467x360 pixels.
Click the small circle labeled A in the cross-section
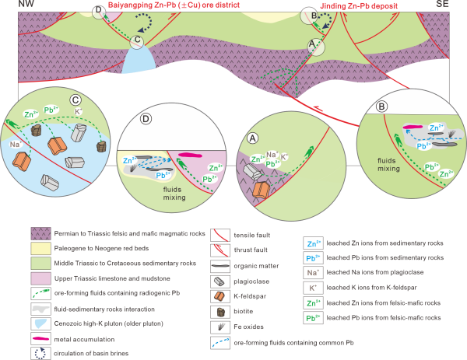(x=314, y=47)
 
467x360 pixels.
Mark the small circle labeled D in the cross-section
(x=98, y=11)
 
